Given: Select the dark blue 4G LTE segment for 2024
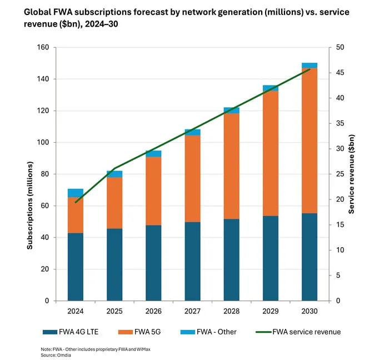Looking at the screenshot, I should (76, 267).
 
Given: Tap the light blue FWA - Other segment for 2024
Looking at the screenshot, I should (76, 193).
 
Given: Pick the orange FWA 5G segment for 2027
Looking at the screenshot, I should (193, 178).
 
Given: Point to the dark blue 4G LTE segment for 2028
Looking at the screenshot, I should (232, 259).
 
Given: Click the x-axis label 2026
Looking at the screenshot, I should (153, 311).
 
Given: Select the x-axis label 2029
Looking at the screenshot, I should (271, 311).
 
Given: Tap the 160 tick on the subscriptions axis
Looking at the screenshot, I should (43, 48).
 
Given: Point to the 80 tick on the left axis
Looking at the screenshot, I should (45, 174).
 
